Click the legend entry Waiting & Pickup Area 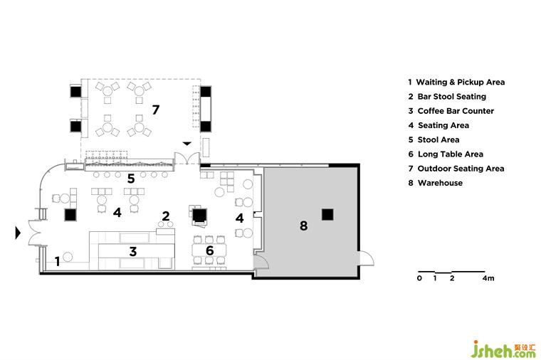click(x=460, y=82)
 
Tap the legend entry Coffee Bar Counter click(x=455, y=111)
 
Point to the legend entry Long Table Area click(x=450, y=154)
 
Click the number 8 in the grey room click(x=303, y=226)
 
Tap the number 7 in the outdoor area click(x=155, y=110)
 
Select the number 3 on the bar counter click(x=132, y=250)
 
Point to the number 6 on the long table click(x=209, y=250)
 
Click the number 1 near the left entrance click(x=58, y=261)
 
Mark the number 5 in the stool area click(x=131, y=178)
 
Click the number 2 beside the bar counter click(x=166, y=216)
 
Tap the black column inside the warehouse click(x=327, y=213)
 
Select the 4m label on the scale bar click(x=488, y=278)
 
